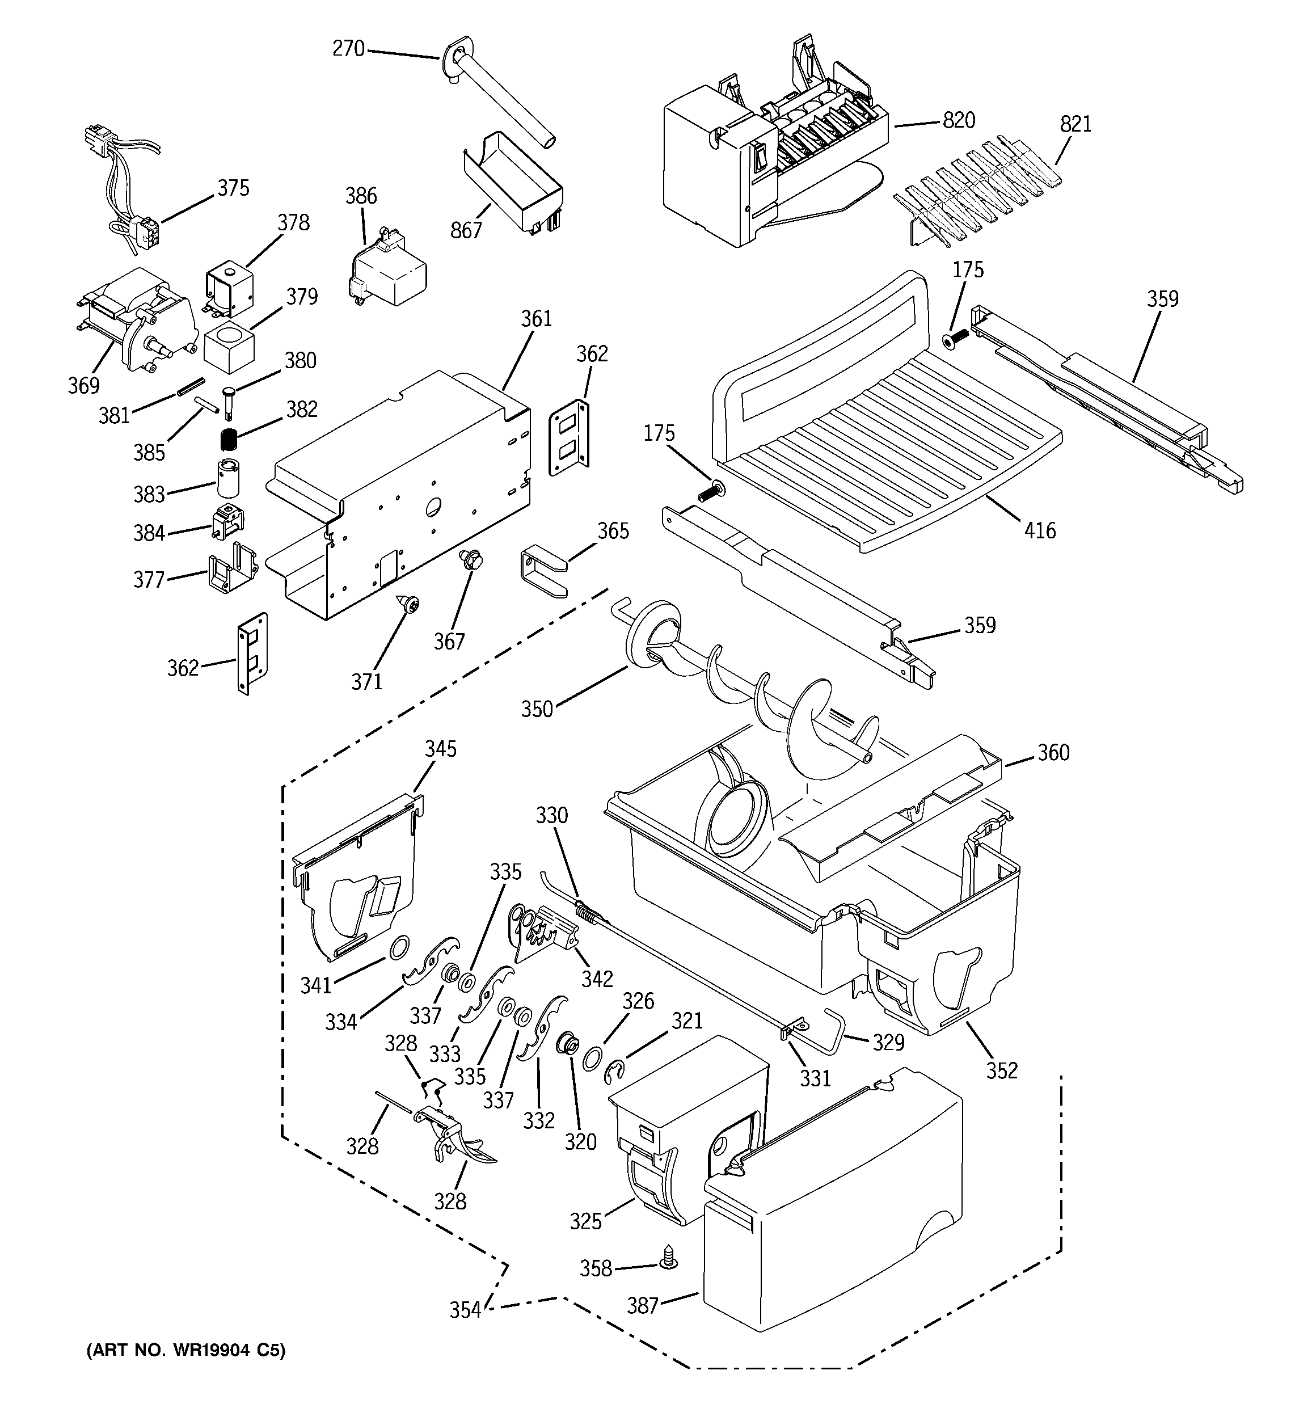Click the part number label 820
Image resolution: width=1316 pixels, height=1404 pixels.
pyautogui.click(x=959, y=121)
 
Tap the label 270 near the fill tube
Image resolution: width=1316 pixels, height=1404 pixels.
pyautogui.click(x=348, y=49)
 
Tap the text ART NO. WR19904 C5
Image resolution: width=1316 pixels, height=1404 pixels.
pyautogui.click(x=186, y=1350)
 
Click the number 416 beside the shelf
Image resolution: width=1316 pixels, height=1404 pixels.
pyautogui.click(x=1040, y=530)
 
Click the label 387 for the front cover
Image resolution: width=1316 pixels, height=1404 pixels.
pyautogui.click(x=643, y=1305)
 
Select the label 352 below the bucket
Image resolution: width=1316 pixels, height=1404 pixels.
pyautogui.click(x=1002, y=1070)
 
